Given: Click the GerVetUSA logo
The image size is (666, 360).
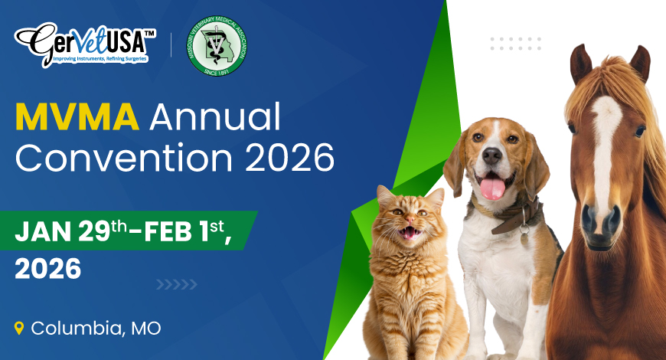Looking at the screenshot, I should tap(83, 44).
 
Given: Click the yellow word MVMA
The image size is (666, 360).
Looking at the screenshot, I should tap(77, 117).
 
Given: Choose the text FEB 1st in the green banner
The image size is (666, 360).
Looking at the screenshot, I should tap(184, 231).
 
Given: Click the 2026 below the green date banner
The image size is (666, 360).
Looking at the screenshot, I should tap(47, 268).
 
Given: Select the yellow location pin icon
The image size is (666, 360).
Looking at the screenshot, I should tap(20, 329).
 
